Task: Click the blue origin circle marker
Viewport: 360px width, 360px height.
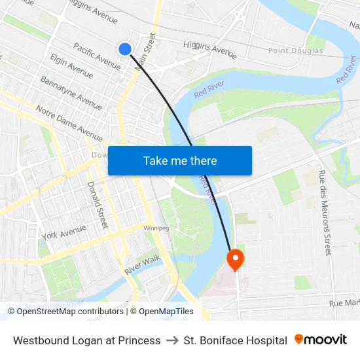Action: pos(125,48)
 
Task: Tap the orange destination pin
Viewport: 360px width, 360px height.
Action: pos(234,260)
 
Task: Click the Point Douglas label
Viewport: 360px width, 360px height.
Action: pos(296,50)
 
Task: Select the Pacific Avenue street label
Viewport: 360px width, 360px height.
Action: pos(96,56)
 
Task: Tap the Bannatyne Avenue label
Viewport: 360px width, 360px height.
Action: pos(71,92)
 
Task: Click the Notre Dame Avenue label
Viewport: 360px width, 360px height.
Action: pos(69,123)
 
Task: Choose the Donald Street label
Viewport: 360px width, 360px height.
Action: pos(97,205)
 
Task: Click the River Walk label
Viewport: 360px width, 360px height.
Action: pos(142,264)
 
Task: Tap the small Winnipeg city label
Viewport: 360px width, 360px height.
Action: pos(156,228)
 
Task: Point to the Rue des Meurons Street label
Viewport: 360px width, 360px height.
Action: pos(325,212)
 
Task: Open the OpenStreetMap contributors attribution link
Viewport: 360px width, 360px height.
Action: pos(70,312)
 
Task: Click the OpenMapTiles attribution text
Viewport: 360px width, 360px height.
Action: pos(166,312)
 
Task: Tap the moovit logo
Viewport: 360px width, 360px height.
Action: pos(321,340)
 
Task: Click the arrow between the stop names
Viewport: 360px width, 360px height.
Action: pos(172,340)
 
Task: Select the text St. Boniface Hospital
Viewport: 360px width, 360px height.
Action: pos(236,340)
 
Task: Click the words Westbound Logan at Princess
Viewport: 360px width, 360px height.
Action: pos(87,340)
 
